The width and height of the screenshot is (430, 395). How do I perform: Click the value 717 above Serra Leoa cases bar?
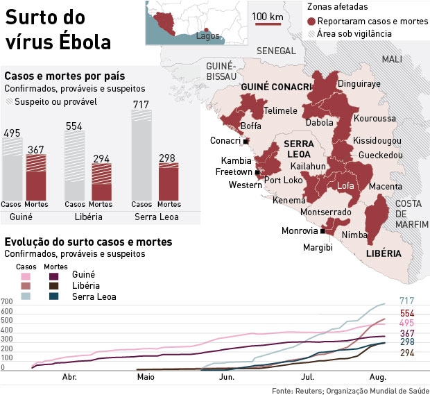coord(141,105)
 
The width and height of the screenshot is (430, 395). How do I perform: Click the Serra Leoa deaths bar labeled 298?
coord(168,182)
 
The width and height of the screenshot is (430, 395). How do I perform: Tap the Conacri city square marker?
coord(246,141)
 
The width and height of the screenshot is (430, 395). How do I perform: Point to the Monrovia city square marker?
coord(322,231)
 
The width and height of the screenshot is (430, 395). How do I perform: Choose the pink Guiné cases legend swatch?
coord(26,276)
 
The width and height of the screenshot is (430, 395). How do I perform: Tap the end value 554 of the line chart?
coord(407,313)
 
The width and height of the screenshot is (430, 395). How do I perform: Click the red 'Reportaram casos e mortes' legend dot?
coord(312,22)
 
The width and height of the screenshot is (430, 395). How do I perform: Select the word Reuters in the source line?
coord(307,389)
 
